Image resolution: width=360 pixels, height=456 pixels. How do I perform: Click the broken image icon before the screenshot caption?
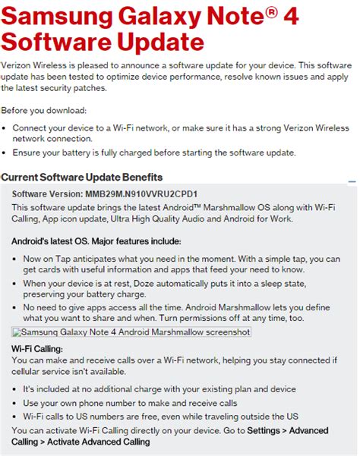17,332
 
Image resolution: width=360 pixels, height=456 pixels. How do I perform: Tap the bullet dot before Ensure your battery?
6,153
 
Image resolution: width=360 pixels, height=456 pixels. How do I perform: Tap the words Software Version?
48,193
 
